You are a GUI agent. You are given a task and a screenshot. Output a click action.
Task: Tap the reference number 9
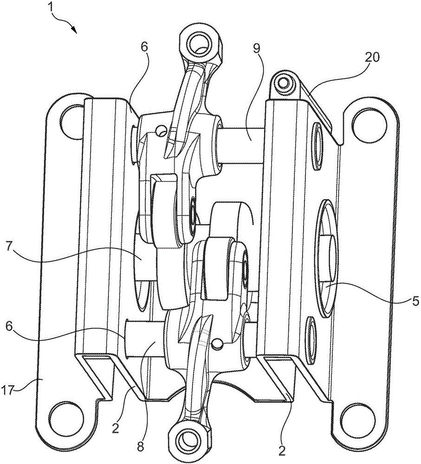coord(256,49)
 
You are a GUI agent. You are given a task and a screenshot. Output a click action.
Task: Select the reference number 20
coord(372,58)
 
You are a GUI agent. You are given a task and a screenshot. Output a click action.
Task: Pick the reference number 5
coord(415,301)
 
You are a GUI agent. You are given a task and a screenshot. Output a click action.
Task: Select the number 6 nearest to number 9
coord(144,47)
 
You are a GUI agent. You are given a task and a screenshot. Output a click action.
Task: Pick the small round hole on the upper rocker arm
coord(161,131)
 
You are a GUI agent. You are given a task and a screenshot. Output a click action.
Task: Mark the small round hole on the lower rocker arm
coord(218,343)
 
